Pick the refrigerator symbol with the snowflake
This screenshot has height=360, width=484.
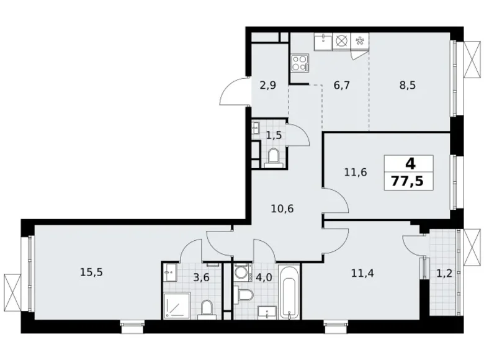(360, 42)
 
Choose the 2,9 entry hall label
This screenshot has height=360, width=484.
(267, 86)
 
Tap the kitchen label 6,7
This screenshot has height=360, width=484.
(342, 86)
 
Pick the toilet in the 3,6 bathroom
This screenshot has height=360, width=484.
(209, 308)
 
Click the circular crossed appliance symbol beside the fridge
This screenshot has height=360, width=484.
(341, 42)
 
